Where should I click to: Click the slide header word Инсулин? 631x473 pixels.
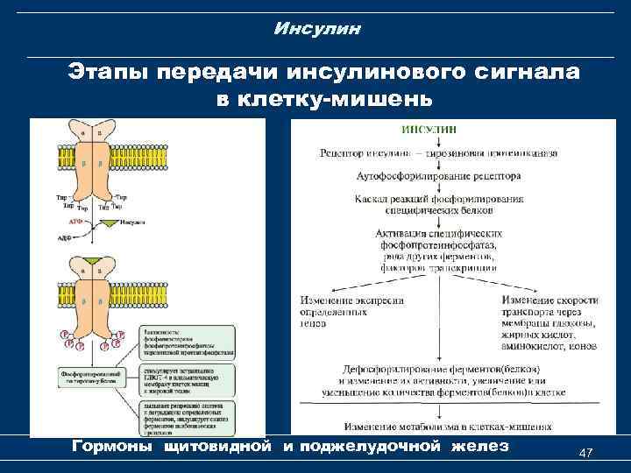click(316, 29)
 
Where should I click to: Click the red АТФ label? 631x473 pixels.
click(77, 222)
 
